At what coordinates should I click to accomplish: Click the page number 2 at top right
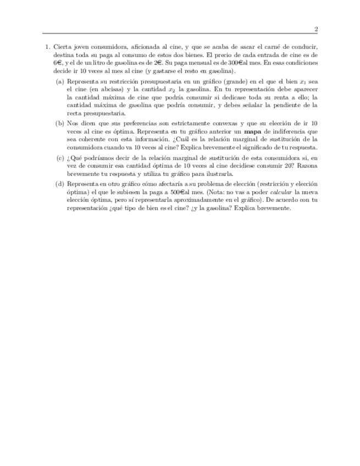coord(316,29)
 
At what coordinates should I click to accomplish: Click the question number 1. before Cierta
coord(48,48)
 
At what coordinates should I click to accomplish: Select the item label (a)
coord(59,81)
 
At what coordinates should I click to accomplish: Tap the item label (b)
coord(59,124)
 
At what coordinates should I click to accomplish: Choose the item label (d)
coord(59,184)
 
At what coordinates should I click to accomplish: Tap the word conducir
coord(306,48)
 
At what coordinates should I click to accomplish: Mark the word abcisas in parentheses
coord(108,89)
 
